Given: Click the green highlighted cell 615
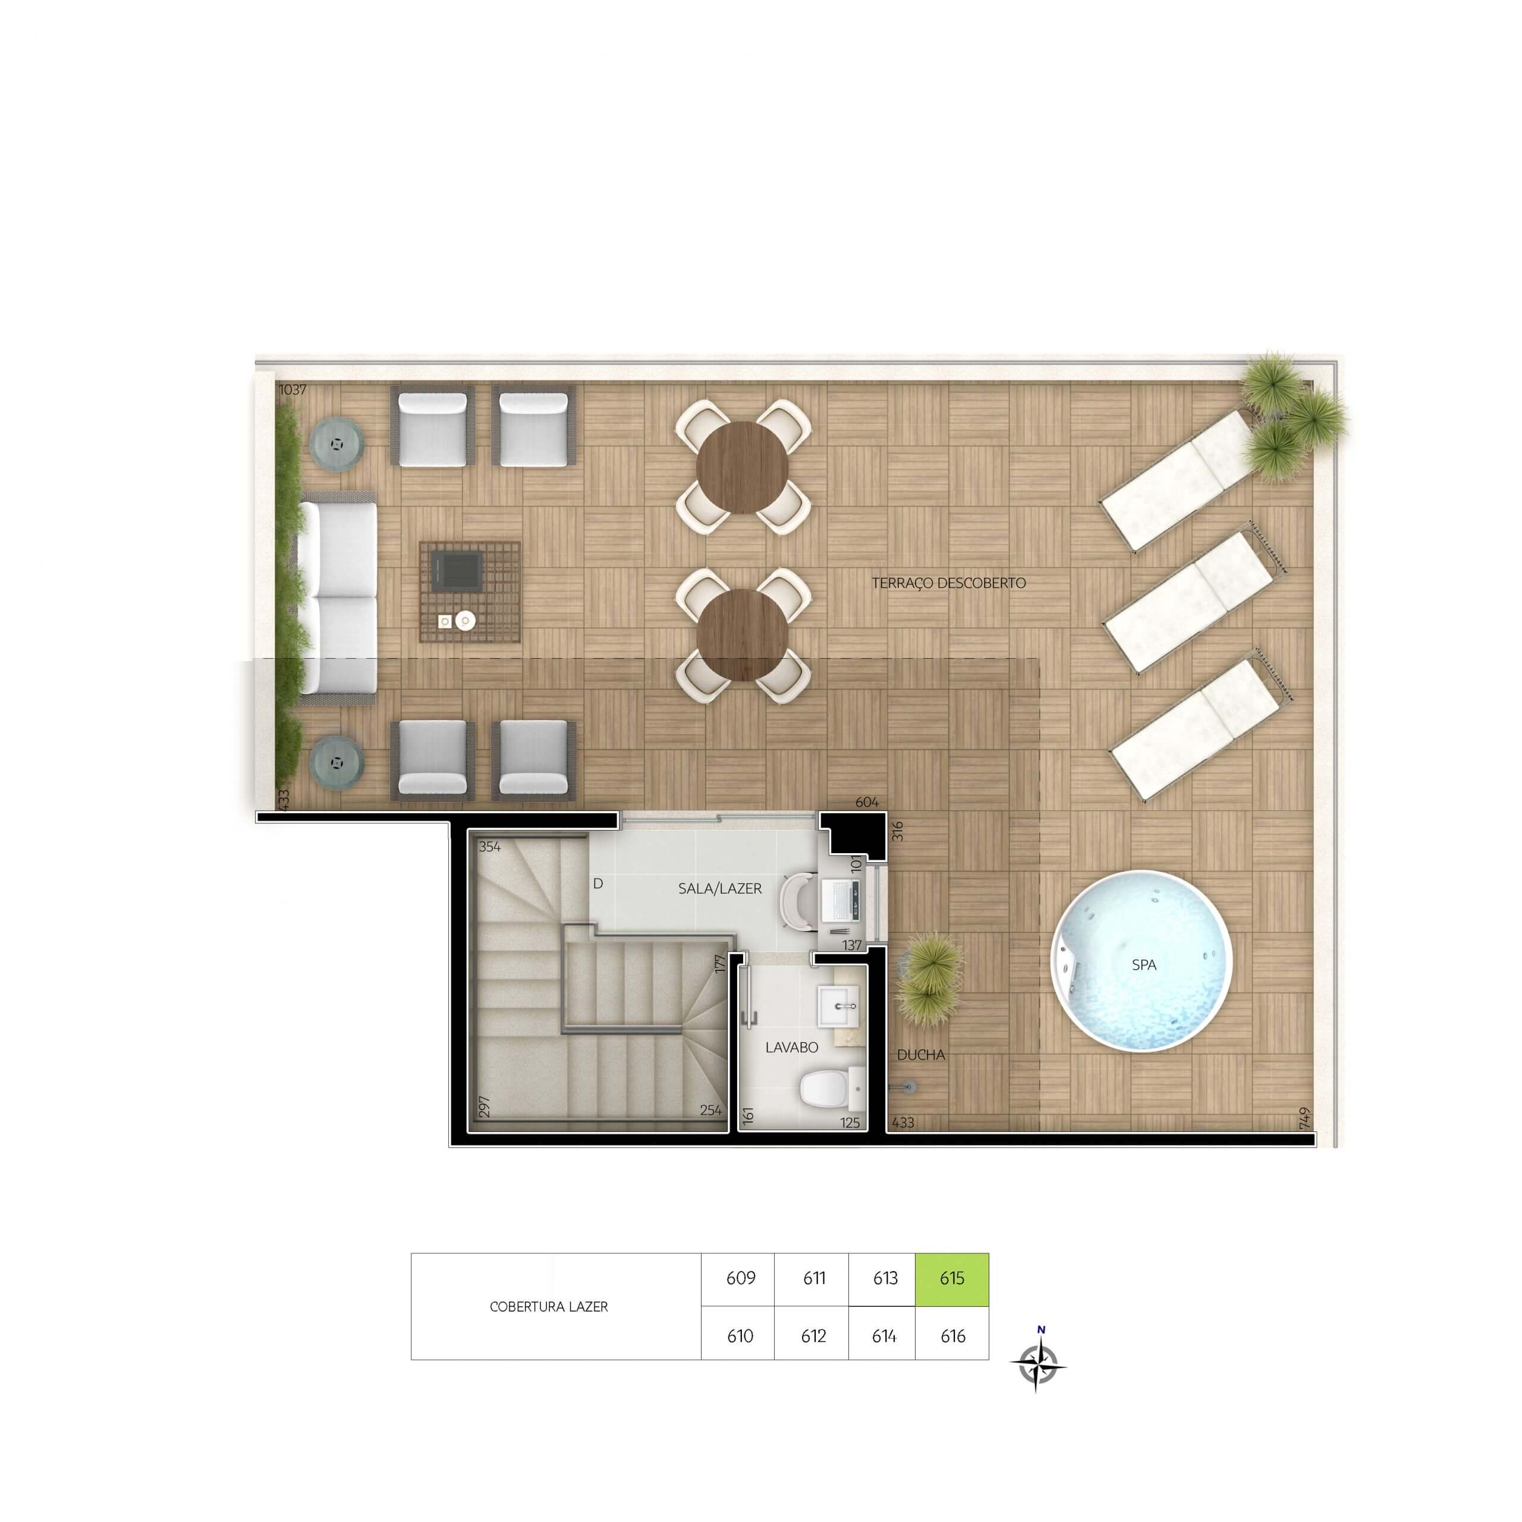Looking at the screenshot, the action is (x=952, y=1279).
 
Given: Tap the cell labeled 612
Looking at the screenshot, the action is (x=812, y=1336).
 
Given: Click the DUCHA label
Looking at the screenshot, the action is (x=920, y=1055).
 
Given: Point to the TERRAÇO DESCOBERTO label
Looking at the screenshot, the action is (x=948, y=583).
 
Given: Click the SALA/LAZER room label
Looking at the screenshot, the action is (x=719, y=889).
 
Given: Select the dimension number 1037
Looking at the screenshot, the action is (x=293, y=389).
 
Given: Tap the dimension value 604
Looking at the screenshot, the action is (x=867, y=802).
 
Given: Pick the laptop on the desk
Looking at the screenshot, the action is (x=841, y=899).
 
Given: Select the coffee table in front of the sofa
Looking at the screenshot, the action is (x=470, y=591).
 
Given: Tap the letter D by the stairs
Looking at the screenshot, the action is (x=598, y=884).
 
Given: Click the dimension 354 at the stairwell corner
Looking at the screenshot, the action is (x=489, y=847).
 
